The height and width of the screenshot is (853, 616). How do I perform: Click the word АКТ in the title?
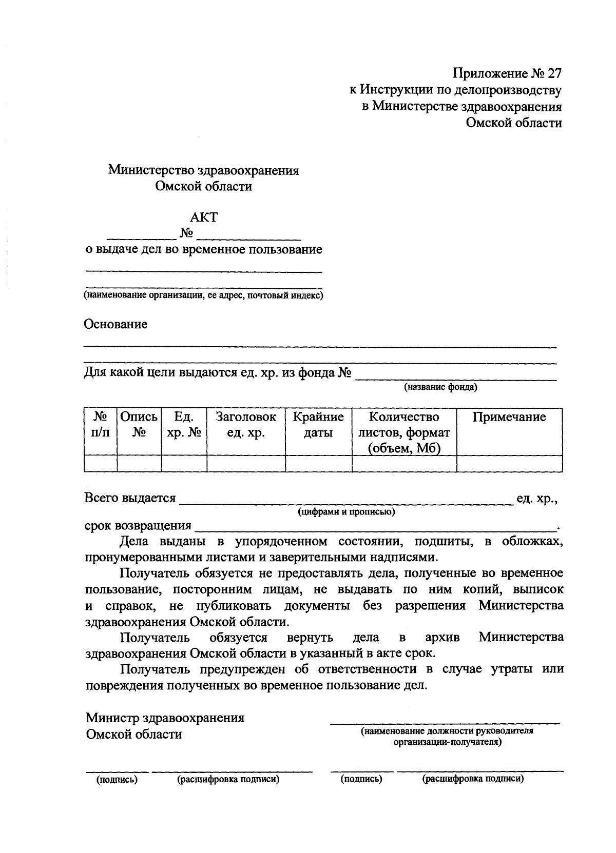[204, 217]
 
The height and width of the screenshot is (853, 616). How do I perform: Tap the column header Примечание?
[509, 417]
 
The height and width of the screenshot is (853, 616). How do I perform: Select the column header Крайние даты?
[318, 425]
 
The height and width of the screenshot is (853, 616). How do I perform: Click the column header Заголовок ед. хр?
[246, 425]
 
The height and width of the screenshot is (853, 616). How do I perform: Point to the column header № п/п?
[100, 425]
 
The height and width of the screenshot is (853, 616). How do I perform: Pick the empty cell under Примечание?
[509, 464]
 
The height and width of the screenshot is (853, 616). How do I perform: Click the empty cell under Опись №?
[139, 464]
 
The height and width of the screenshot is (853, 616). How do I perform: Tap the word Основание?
[116, 324]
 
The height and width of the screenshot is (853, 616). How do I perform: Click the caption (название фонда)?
[440, 387]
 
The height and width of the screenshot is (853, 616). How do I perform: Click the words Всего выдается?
[130, 498]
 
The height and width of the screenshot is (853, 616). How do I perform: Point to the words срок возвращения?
[138, 526]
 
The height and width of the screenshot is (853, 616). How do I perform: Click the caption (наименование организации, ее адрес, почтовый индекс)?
[204, 296]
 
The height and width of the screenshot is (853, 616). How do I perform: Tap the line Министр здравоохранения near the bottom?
[165, 718]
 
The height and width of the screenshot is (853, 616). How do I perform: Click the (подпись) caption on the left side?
[117, 780]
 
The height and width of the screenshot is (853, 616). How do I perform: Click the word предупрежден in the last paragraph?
[246, 669]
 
